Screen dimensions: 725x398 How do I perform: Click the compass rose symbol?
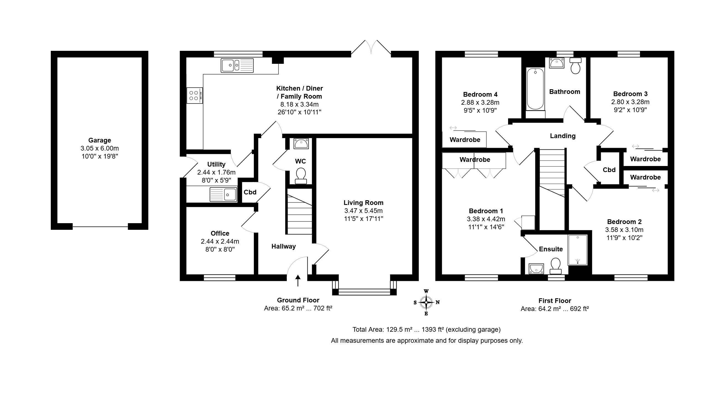[426, 302]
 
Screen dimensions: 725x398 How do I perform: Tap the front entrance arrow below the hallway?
[298, 281]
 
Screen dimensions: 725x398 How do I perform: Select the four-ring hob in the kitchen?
[195, 96]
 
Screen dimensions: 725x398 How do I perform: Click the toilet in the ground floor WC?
[301, 176]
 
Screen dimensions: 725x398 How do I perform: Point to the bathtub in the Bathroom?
[535, 89]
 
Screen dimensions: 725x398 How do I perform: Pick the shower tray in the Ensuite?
[578, 250]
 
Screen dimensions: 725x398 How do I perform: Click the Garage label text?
[100, 140]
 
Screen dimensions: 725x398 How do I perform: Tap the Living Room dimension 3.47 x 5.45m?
[363, 211]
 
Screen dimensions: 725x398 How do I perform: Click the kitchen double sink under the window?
[237, 66]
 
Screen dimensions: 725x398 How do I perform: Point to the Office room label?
[220, 233]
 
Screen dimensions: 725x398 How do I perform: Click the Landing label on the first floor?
[563, 136]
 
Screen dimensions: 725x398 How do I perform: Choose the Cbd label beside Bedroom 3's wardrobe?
[609, 170]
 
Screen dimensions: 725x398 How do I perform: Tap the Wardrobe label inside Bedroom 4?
[465, 140]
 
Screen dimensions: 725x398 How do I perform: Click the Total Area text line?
[426, 330]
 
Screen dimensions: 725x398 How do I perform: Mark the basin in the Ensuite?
[536, 269]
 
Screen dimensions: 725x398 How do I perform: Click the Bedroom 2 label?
[624, 222]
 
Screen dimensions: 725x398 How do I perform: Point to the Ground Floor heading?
[298, 300]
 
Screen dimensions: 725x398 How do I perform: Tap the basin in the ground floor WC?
[301, 144]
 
